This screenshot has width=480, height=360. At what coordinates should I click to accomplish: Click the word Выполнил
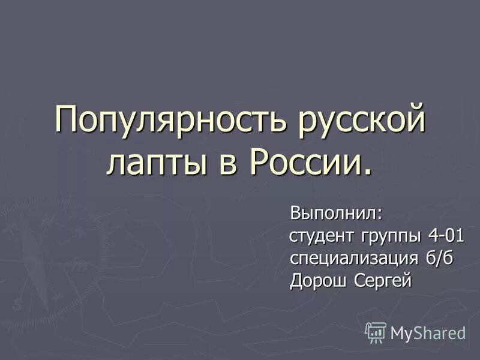tap(334, 213)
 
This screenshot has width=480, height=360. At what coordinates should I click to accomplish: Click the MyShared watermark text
tap(428, 333)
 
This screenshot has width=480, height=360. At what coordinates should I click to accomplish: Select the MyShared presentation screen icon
tap(376, 332)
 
